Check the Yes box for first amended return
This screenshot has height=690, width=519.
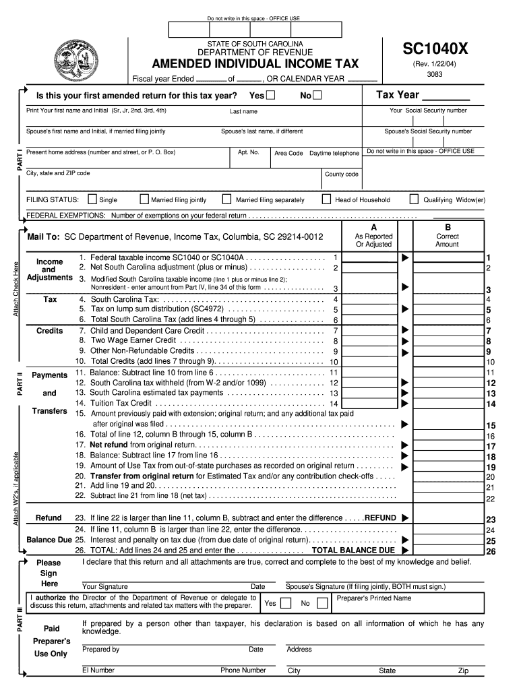(270, 96)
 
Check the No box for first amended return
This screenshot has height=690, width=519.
(317, 96)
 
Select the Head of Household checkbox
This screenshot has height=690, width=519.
(326, 199)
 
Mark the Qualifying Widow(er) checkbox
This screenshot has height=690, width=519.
(414, 199)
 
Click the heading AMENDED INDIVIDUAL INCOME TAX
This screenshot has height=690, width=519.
(255, 64)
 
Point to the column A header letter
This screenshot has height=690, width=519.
(373, 227)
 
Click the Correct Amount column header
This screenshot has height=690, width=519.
(447, 241)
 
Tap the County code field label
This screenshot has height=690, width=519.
(342, 174)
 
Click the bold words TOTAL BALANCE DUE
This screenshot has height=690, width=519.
(353, 551)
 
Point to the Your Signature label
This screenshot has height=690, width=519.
(104, 587)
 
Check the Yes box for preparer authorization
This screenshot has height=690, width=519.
(286, 603)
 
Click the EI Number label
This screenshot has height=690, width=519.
(98, 670)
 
